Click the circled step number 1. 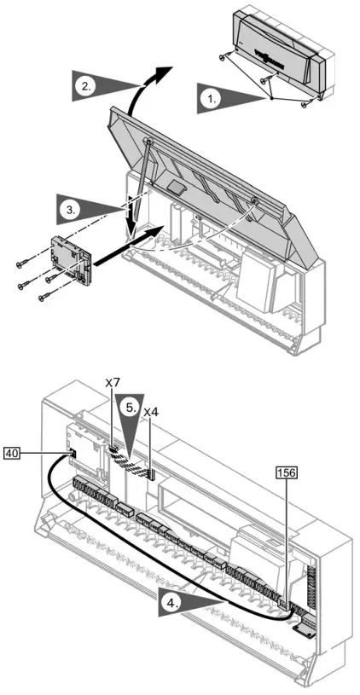(x=207, y=99)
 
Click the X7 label (x=112, y=385)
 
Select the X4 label (x=150, y=412)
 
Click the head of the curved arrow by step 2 (x=169, y=67)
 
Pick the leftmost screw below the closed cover (x=224, y=82)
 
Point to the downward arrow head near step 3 (x=130, y=235)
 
